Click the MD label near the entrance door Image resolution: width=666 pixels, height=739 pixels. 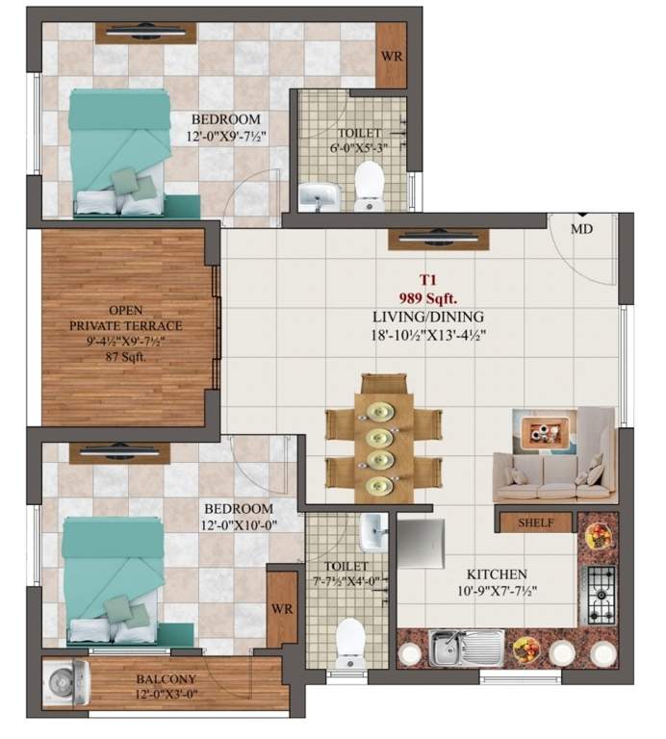click(x=581, y=229)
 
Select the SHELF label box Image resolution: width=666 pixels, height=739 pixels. click(x=534, y=522)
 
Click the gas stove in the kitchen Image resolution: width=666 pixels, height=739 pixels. click(x=599, y=594)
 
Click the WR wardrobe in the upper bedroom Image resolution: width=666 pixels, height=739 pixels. click(x=391, y=56)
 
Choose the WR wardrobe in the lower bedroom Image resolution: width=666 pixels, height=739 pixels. click(x=281, y=608)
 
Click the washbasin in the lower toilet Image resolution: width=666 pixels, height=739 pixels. click(x=373, y=527)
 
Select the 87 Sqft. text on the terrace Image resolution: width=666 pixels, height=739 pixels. click(x=125, y=357)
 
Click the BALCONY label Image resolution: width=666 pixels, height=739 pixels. click(x=166, y=679)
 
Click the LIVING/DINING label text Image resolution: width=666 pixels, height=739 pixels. click(x=428, y=317)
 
